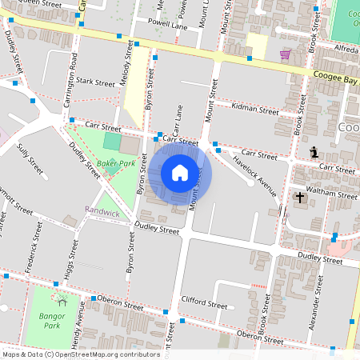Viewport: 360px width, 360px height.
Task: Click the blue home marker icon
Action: pos(180,173)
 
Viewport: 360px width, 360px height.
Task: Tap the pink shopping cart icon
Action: pos(285,54)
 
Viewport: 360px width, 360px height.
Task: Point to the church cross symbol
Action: pos(301,197)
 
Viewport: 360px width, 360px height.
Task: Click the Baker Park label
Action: pos(113,162)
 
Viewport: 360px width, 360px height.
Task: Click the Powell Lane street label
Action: pos(168,25)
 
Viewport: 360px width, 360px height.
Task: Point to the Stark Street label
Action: pos(96,82)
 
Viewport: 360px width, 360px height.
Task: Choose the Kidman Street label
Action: pos(253,106)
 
